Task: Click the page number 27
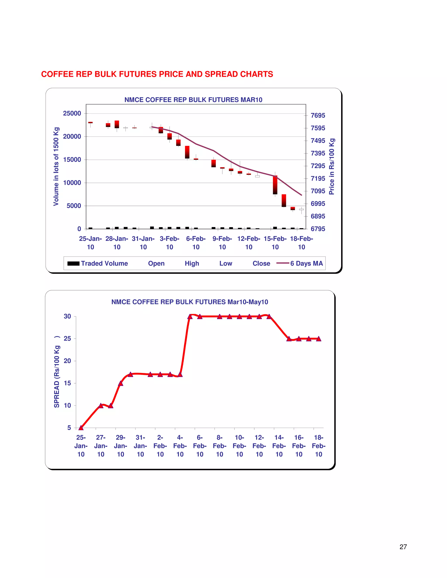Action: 403,547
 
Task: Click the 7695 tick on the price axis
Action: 318,115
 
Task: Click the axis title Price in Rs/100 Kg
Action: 332,166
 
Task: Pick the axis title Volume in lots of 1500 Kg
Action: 56,166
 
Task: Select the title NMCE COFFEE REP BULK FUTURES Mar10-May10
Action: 190,302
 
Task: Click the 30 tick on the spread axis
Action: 67,316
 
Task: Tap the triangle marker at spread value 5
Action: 81,428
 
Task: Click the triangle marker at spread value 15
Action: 120,383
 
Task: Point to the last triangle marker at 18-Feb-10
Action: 319,339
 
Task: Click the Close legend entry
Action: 261,263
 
